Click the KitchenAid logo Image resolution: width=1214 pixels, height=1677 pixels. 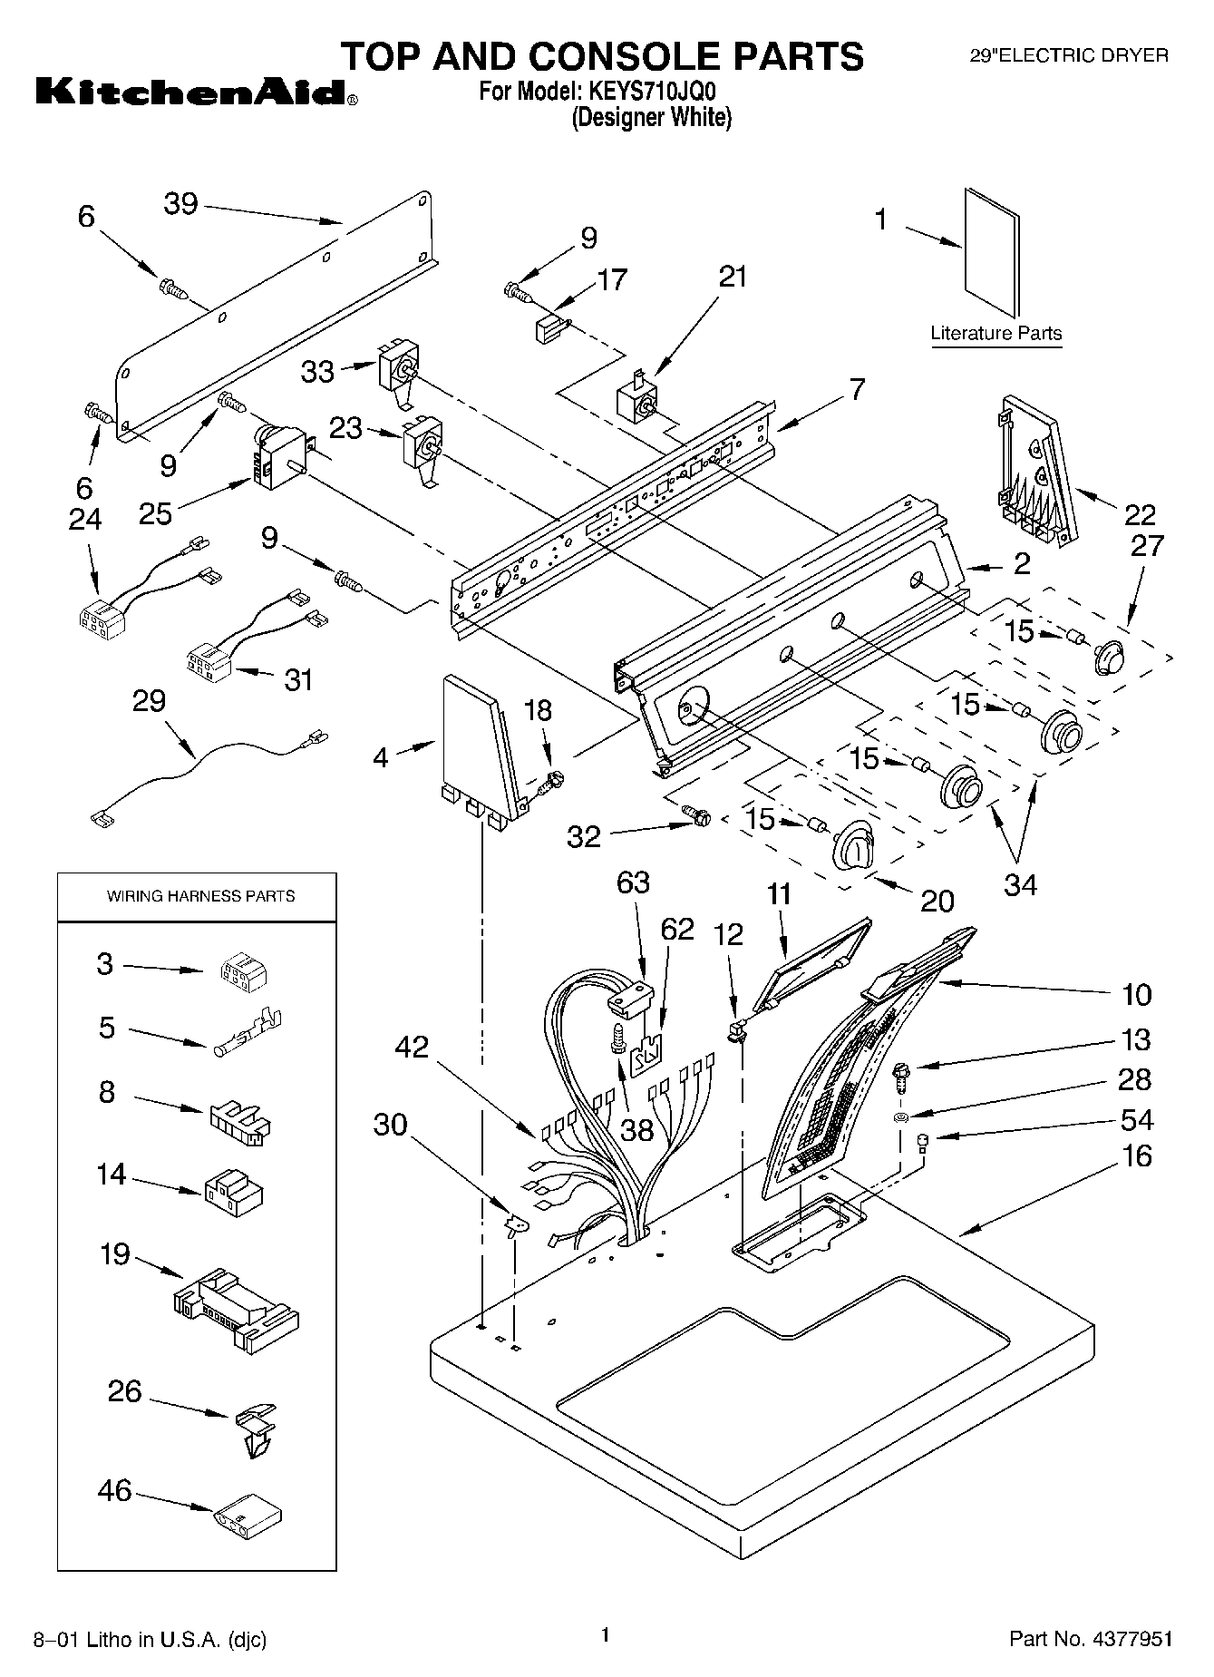(x=196, y=93)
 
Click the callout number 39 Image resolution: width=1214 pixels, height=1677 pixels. (x=180, y=203)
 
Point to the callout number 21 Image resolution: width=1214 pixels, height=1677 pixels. (x=733, y=277)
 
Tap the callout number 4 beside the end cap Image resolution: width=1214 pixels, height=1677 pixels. (x=382, y=757)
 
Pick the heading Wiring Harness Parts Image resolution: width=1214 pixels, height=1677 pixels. (x=201, y=896)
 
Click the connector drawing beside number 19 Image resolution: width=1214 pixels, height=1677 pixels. (x=235, y=1308)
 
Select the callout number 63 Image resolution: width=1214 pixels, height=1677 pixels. (x=633, y=882)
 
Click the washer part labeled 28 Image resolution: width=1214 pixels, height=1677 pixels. (x=901, y=1115)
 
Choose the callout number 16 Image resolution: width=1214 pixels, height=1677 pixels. (x=1136, y=1155)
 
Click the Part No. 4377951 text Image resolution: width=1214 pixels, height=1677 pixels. (x=1091, y=1639)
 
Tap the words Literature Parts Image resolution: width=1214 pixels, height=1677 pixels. (x=996, y=333)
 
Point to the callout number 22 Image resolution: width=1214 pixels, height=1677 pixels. (x=1140, y=515)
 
